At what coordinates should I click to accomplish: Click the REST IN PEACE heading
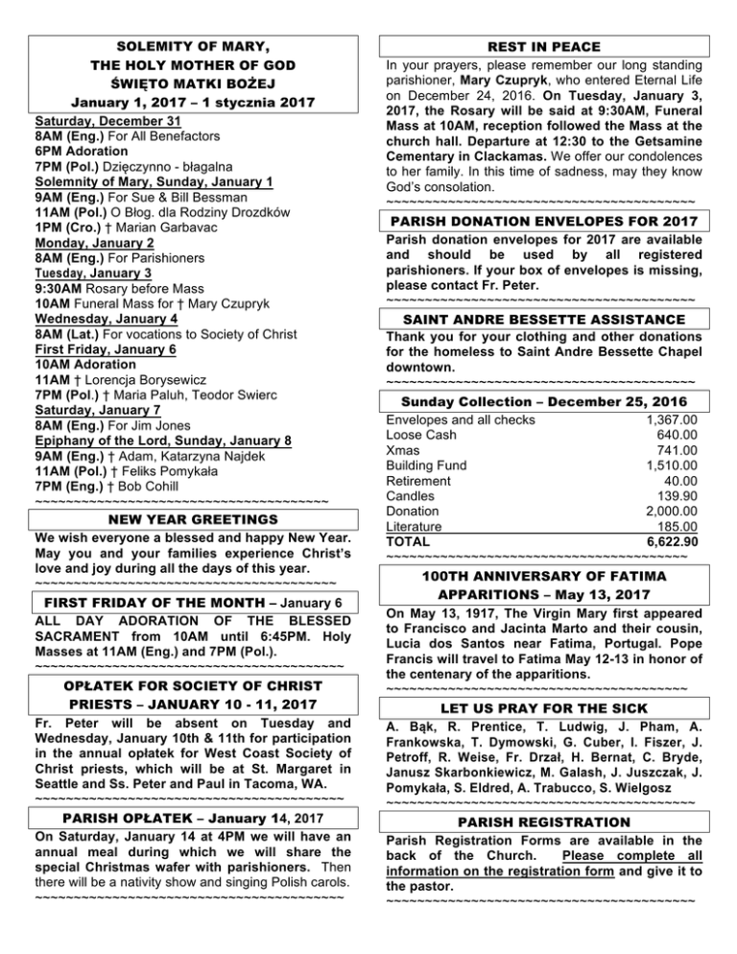pyautogui.click(x=543, y=46)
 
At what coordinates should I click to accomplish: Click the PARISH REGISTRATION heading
pyautogui.click(x=543, y=823)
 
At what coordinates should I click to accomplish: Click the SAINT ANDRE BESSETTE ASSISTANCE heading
pyautogui.click(x=543, y=318)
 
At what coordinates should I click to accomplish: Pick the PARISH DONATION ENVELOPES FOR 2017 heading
pyautogui.click(x=543, y=223)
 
